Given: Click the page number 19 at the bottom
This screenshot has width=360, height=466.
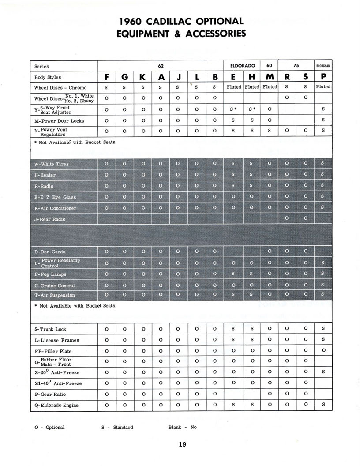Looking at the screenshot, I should tap(183, 445).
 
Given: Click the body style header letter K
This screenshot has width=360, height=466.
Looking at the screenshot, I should tap(142, 77).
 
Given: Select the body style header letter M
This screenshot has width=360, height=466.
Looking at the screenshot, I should tap(269, 77).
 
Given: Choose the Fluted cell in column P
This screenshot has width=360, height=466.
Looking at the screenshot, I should tap(323, 87).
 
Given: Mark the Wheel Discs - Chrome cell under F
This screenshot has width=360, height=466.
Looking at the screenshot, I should tap(107, 87).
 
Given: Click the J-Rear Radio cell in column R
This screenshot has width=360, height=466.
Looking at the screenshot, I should tap(287, 218).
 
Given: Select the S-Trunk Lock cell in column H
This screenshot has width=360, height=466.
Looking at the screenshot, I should tap(251, 329).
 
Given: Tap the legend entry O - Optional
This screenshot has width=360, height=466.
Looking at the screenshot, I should tap(49, 427).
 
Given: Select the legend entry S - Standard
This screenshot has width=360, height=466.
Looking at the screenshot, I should tap(117, 427).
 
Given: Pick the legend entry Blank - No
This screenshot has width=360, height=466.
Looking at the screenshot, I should tap(182, 427).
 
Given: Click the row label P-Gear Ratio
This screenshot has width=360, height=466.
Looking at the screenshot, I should tap(50, 394).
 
